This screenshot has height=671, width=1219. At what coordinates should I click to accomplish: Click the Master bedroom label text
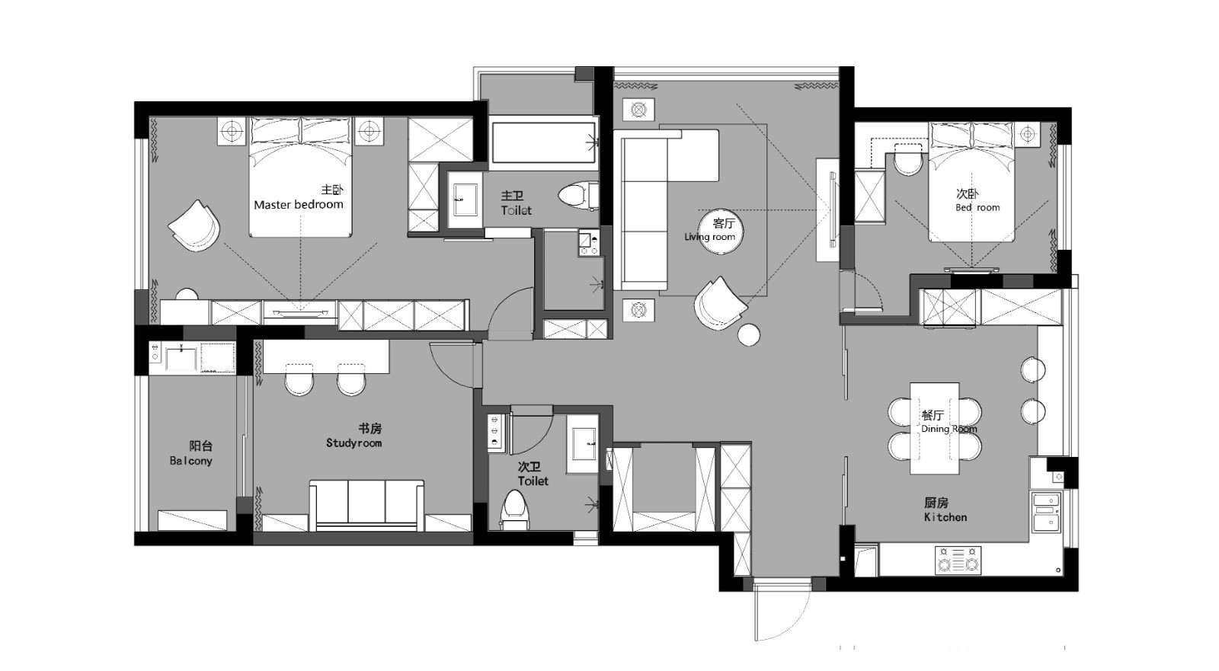pyautogui.click(x=298, y=205)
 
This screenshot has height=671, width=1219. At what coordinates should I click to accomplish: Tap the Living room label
pyautogui.click(x=709, y=237)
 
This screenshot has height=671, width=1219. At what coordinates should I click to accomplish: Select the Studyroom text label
pyautogui.click(x=354, y=443)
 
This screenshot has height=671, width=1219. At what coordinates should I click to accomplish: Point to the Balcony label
pyautogui.click(x=190, y=461)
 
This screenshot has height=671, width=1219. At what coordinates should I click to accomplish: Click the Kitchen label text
pyautogui.click(x=945, y=517)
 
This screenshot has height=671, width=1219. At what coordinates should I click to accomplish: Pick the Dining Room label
pyautogui.click(x=949, y=429)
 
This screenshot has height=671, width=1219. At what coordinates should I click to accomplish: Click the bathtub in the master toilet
pyautogui.click(x=543, y=142)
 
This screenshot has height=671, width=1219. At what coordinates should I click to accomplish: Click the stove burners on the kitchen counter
pyautogui.click(x=958, y=560)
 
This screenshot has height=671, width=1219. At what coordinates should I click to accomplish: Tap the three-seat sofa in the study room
pyautogui.click(x=366, y=505)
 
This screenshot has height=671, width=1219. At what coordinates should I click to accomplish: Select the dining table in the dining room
pyautogui.click(x=934, y=428)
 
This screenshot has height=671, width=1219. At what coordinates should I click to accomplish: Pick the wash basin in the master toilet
pyautogui.click(x=466, y=200)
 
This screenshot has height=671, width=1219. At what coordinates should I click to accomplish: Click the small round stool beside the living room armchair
pyautogui.click(x=749, y=334)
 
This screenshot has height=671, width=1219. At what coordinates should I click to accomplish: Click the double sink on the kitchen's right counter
pyautogui.click(x=1047, y=513)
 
